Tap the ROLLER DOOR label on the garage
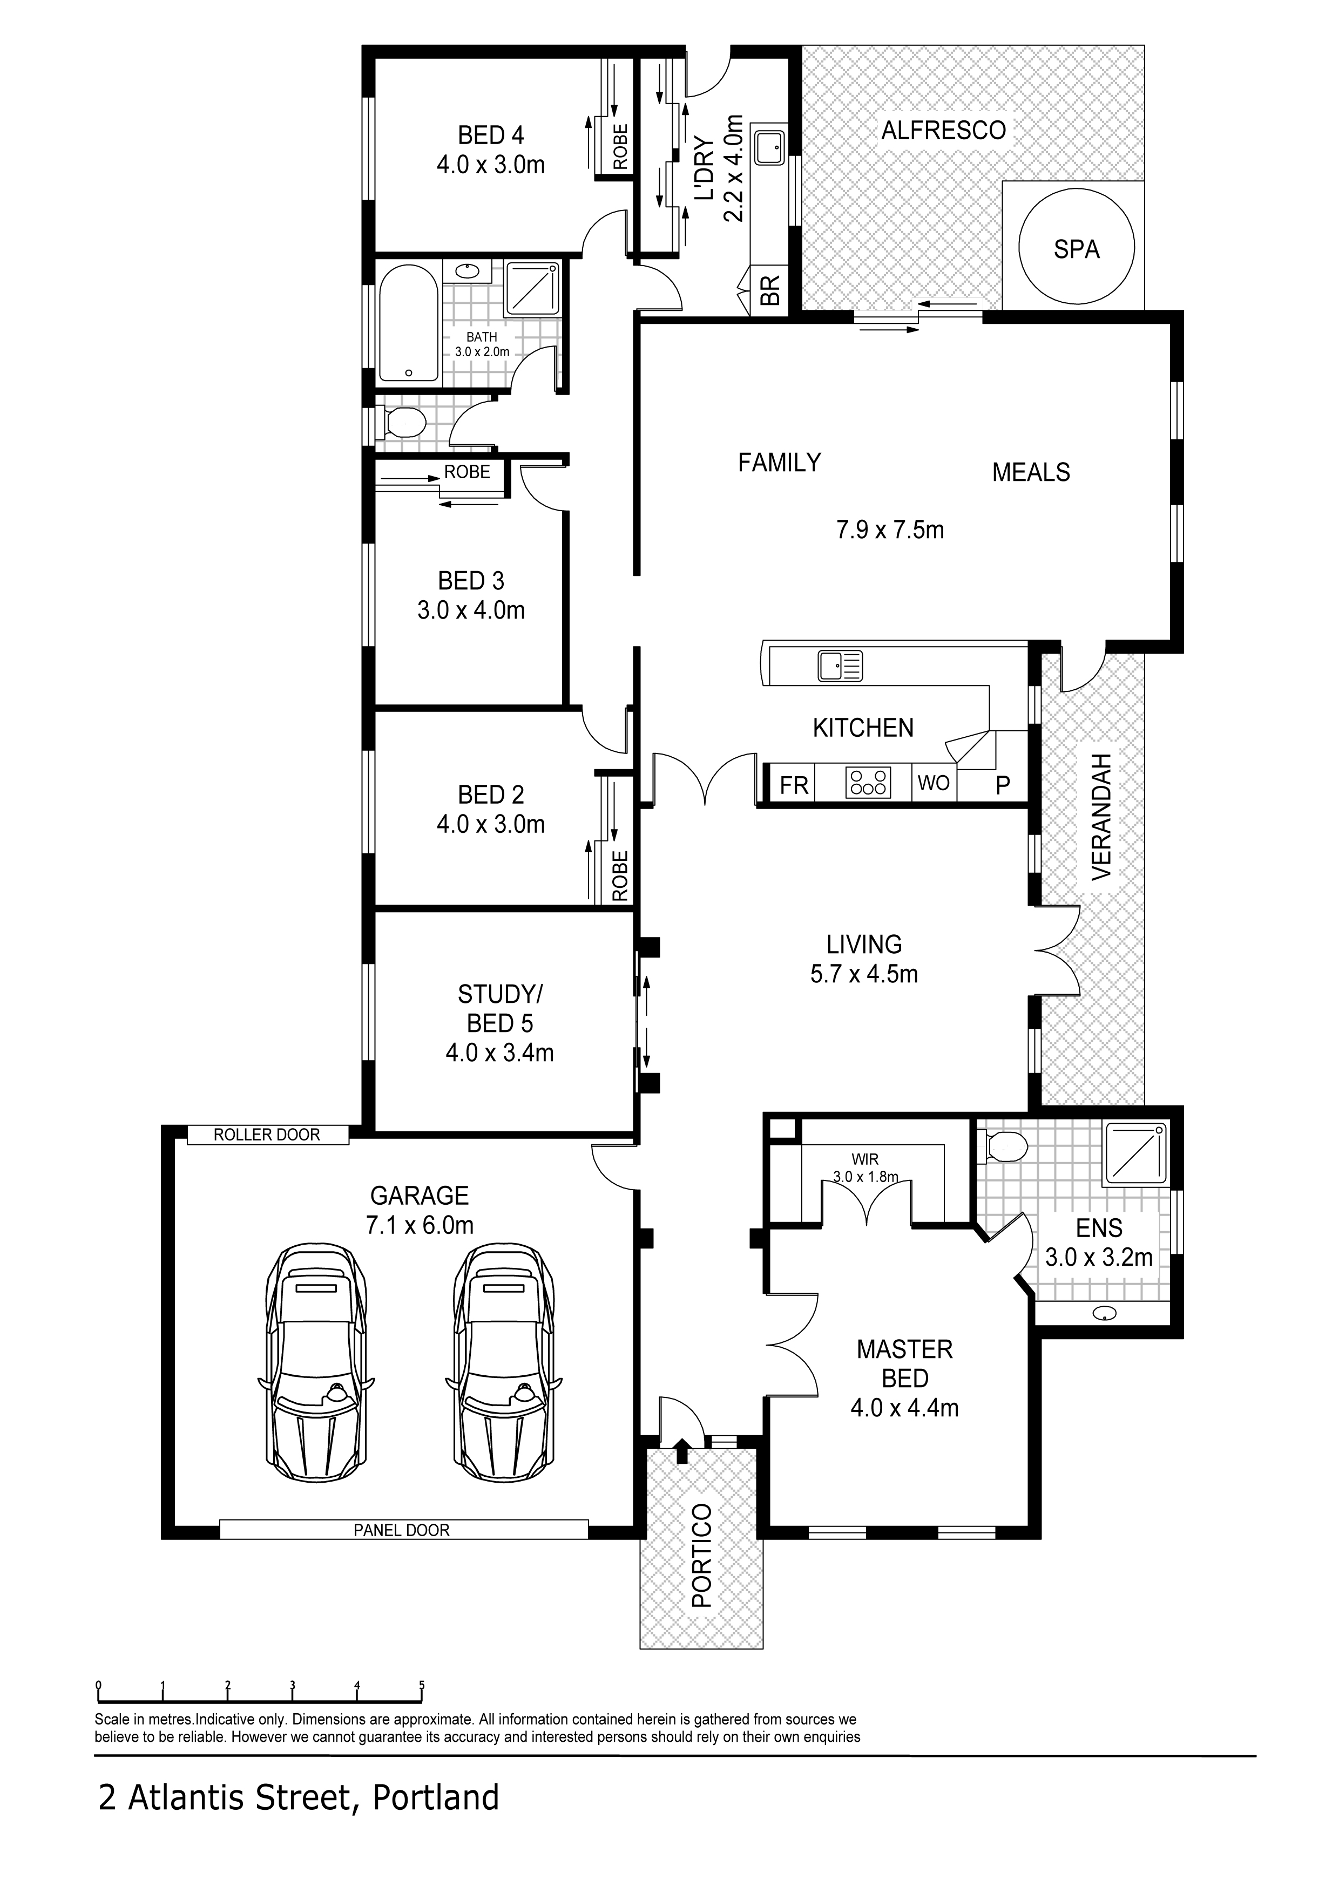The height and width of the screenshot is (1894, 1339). [267, 1135]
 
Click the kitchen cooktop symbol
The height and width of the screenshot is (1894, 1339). [868, 782]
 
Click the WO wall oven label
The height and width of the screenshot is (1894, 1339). [934, 782]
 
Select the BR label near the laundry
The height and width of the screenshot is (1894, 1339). [770, 290]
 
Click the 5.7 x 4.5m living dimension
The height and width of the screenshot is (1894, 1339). [864, 974]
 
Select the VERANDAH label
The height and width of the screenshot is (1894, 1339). [1102, 817]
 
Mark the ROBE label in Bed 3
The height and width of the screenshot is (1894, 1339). [467, 472]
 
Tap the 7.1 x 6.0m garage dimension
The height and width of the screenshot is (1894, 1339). [420, 1225]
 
